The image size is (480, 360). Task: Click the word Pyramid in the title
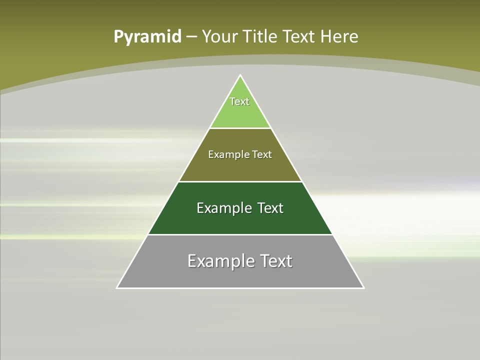(x=147, y=36)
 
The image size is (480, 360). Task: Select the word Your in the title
(x=219, y=36)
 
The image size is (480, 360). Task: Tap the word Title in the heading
(x=260, y=36)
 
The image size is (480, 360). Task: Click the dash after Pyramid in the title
(x=191, y=37)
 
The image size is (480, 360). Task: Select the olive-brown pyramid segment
(x=240, y=167)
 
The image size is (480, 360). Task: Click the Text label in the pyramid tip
(x=239, y=101)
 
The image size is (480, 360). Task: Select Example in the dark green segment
(x=222, y=208)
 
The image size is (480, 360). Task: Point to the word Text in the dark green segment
(x=270, y=208)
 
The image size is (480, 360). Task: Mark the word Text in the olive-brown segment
(x=262, y=154)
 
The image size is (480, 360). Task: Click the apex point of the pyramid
(x=240, y=75)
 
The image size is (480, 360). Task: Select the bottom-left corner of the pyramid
(x=117, y=287)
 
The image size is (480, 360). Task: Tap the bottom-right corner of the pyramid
(x=363, y=287)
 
